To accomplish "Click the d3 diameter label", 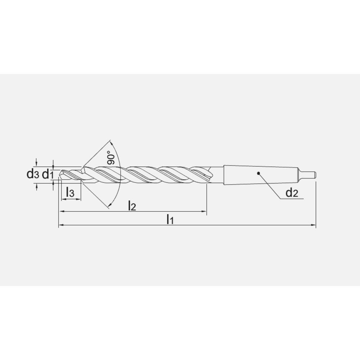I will (x=32, y=175).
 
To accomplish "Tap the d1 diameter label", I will (x=48, y=175).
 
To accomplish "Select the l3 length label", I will (x=70, y=193).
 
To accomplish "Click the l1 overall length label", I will (x=170, y=219).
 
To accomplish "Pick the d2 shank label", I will (x=292, y=193).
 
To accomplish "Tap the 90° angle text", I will (x=111, y=158).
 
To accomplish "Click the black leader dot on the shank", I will (x=258, y=174).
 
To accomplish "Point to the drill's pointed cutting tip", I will (x=60, y=175).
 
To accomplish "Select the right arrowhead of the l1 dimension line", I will (x=314, y=225).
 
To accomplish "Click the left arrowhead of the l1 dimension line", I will (x=61, y=225).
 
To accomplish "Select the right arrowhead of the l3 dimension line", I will (x=79, y=199).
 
